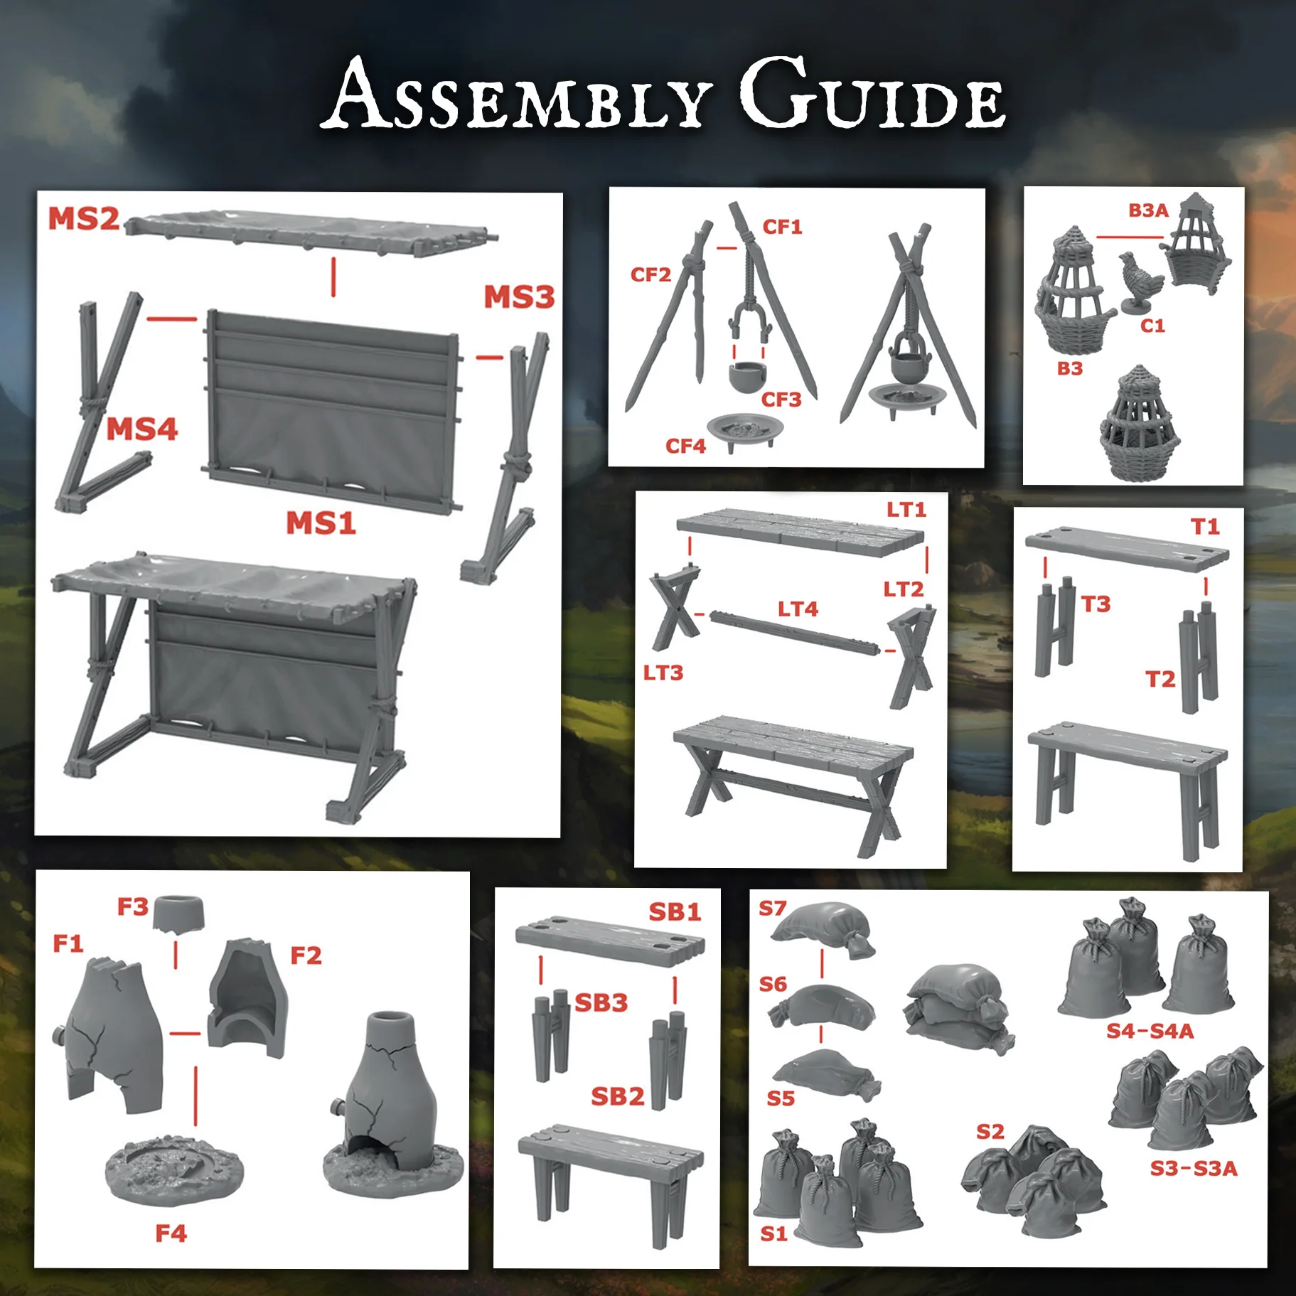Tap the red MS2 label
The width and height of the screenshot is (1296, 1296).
(83, 219)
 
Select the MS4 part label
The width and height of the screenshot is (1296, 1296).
(141, 429)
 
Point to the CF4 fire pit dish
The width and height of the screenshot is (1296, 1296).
(744, 430)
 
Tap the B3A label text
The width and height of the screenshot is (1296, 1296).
(1148, 210)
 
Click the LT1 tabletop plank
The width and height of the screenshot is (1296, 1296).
(790, 530)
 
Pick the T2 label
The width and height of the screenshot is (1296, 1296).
(1160, 680)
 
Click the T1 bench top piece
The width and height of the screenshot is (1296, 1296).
(1126, 547)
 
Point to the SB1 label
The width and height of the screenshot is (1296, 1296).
(675, 912)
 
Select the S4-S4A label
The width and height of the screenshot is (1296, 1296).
(1150, 1031)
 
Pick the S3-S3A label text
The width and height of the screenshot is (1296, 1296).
(1194, 1168)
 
